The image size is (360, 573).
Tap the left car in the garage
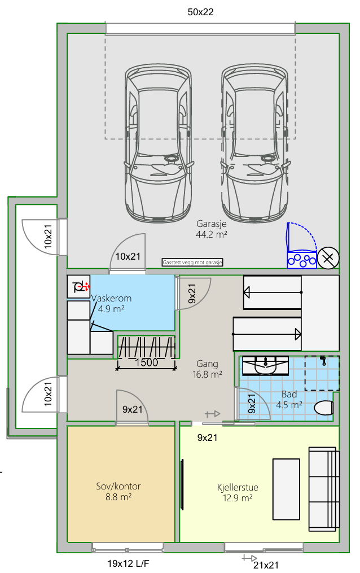pyautogui.click(x=159, y=143)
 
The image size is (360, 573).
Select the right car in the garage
pyautogui.click(x=254, y=143)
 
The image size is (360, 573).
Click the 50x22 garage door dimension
pyautogui.click(x=200, y=12)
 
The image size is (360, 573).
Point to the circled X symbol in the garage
pyautogui.click(x=328, y=258)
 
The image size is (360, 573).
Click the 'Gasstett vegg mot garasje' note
pyautogui.click(x=192, y=263)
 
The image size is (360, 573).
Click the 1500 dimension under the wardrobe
pyautogui.click(x=146, y=362)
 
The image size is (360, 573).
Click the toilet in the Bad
pyautogui.click(x=324, y=408)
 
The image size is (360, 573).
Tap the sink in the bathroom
pyautogui.click(x=265, y=365)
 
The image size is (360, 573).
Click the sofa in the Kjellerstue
pyautogui.click(x=324, y=489)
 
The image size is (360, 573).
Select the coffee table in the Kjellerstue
pyautogui.click(x=287, y=489)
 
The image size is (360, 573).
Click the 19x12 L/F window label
pyautogui.click(x=128, y=563)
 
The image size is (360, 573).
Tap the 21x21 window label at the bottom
pyautogui.click(x=266, y=565)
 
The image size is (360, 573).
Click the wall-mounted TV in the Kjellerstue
pyautogui.click(x=182, y=484)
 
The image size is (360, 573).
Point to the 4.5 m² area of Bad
pyautogui.click(x=289, y=405)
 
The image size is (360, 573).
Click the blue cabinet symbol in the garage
pyautogui.click(x=301, y=246)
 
